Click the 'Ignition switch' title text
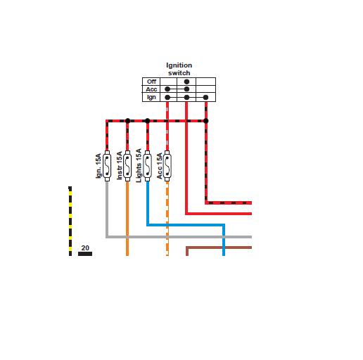[179, 69]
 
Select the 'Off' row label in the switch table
[151, 82]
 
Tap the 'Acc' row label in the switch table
[151, 89]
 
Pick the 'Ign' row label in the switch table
[151, 97]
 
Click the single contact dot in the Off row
[186, 82]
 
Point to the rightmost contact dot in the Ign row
[205, 97]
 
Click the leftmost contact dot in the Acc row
[167, 89]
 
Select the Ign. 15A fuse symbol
[107, 166]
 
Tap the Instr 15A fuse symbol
[127, 166]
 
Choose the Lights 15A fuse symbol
[147, 166]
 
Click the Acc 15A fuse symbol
[167, 166]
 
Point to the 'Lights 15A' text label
[139, 165]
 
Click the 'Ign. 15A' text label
[98, 166]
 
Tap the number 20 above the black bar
[85, 247]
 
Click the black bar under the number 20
[85, 254]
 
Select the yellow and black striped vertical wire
[70, 221]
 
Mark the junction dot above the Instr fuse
[127, 121]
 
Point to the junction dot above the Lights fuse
[148, 121]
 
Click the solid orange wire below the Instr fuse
[127, 219]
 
